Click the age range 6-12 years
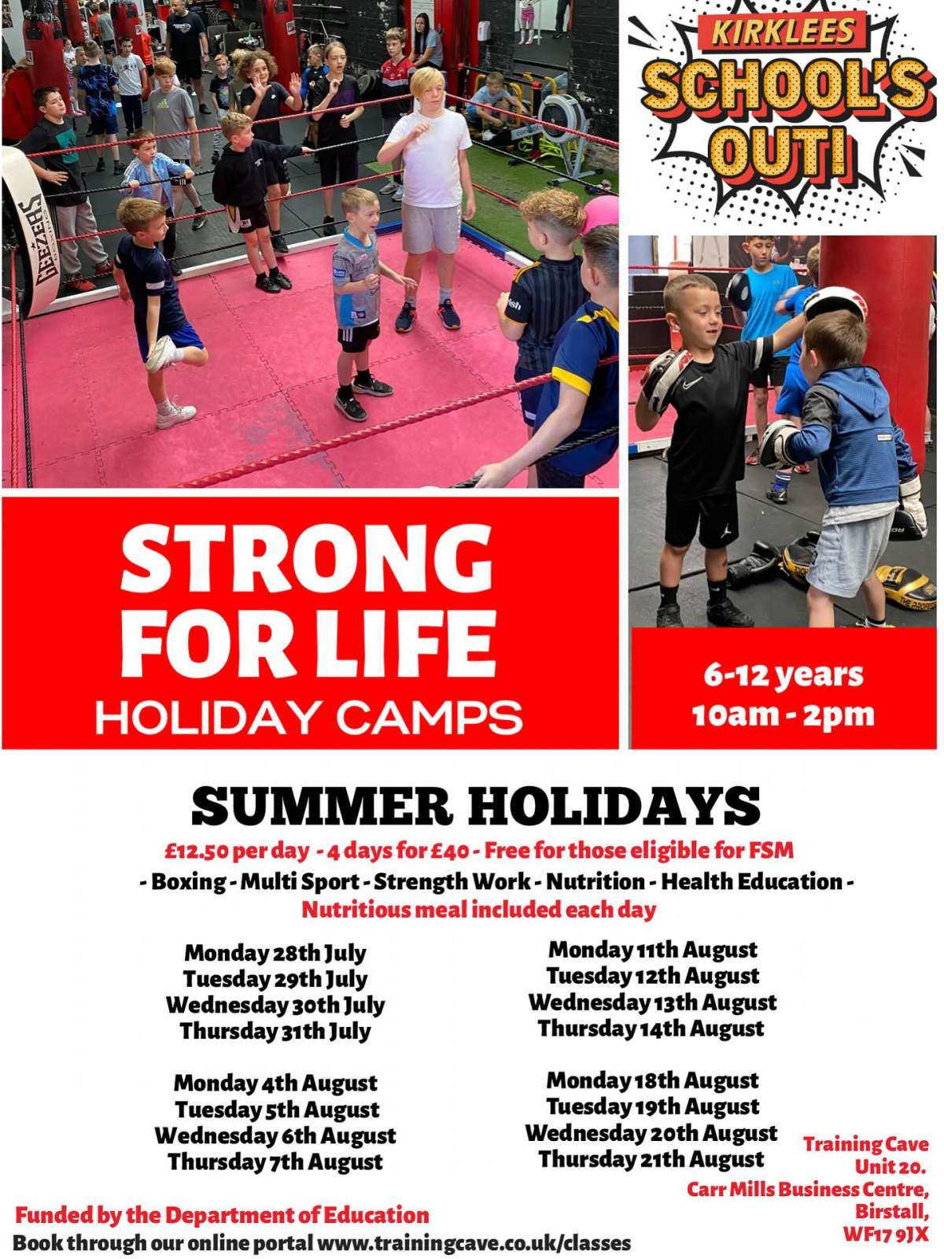tap(783, 676)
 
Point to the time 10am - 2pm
tap(783, 715)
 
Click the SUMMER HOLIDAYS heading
tap(476, 806)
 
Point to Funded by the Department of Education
tap(222, 1215)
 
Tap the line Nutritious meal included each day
tap(478, 910)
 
